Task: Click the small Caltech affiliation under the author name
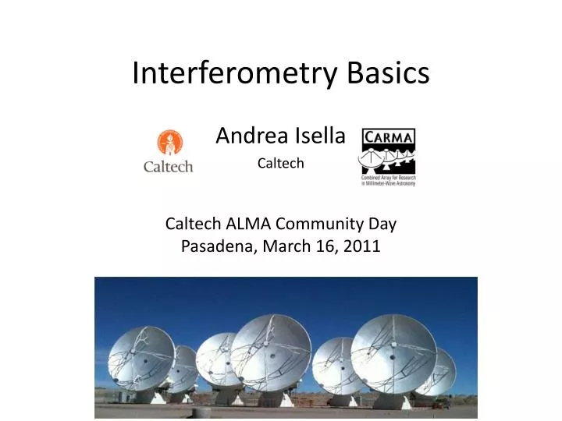(x=280, y=163)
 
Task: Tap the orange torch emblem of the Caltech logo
(x=167, y=143)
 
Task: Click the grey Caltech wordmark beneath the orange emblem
(x=168, y=166)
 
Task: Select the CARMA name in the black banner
(x=388, y=139)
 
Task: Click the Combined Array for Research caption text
(x=388, y=180)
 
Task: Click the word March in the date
(x=279, y=247)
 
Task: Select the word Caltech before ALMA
(x=194, y=225)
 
